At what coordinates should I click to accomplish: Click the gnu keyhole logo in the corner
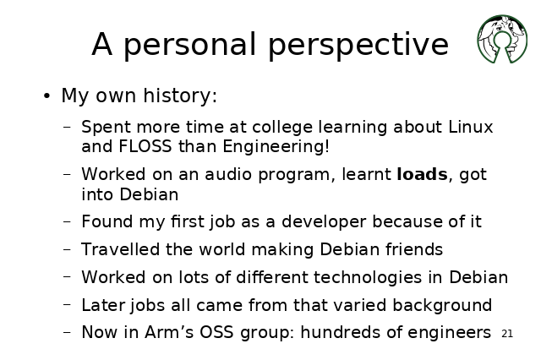pos(502,39)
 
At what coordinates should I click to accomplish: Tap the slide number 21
pos(507,334)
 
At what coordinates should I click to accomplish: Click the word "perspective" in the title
pos(358,45)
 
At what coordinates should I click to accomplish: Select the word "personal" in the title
pos(189,45)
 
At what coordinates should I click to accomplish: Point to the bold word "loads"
pos(423,174)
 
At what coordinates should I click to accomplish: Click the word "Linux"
pos(471,127)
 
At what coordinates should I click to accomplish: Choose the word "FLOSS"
pos(145,146)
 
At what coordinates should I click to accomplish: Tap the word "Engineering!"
pos(276,147)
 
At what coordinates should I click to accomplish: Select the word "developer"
pos(324,222)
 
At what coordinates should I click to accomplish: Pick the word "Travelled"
pos(120,249)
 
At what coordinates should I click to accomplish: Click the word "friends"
pos(414,249)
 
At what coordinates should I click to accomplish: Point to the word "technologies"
pos(368,278)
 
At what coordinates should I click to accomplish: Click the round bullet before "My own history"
pos(47,95)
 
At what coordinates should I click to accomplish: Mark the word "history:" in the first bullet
pos(180,95)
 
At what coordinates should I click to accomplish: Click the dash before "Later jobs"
pos(67,304)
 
